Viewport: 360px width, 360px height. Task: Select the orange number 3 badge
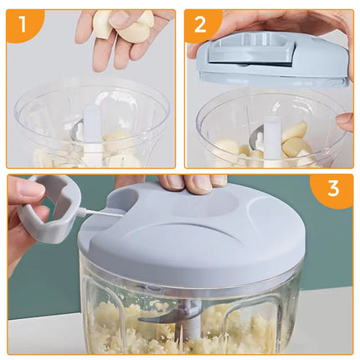(333, 190)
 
